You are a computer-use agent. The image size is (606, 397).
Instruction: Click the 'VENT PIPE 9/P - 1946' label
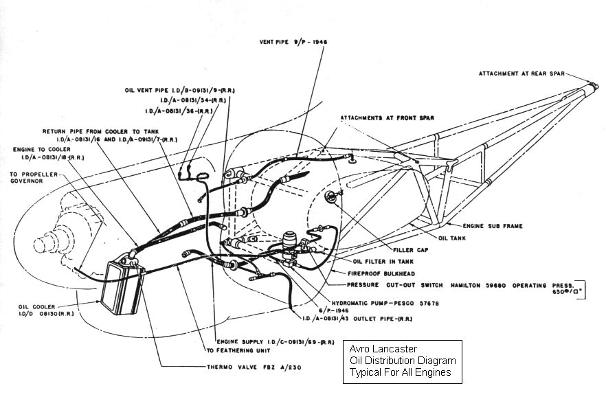click(x=293, y=41)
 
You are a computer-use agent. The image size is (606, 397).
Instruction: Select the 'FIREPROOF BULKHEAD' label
click(x=378, y=273)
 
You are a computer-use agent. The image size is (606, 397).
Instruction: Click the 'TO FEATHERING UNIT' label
click(x=236, y=350)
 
